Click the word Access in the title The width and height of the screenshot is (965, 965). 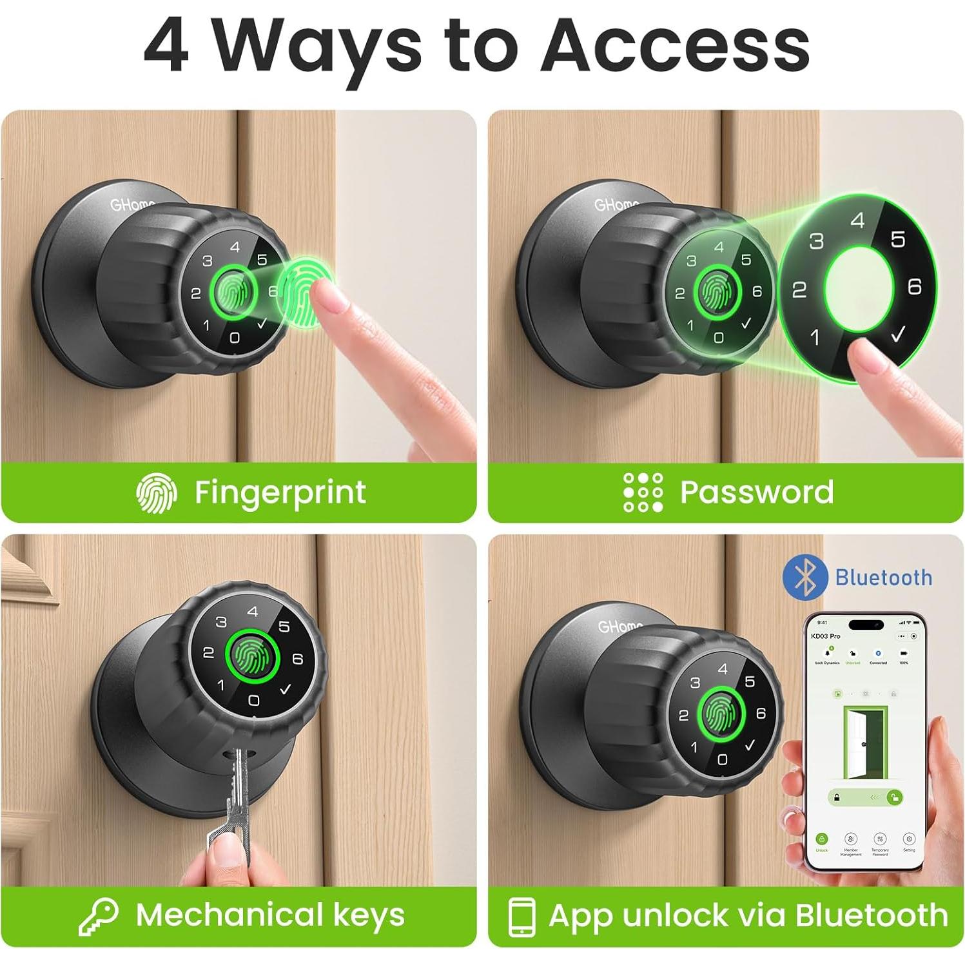(675, 45)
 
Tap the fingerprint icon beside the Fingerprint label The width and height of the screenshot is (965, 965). (156, 493)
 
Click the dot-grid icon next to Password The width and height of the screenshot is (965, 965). (643, 492)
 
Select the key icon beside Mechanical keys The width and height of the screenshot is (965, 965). (99, 916)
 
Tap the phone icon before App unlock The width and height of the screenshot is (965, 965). (521, 916)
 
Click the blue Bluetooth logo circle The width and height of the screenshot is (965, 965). (805, 577)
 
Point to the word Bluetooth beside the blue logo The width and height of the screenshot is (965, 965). (883, 578)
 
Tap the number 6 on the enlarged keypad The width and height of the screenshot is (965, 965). (914, 286)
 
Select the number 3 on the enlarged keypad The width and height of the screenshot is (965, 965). (816, 241)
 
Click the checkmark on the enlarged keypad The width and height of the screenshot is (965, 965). (897, 333)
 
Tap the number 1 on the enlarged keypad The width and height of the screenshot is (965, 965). (815, 336)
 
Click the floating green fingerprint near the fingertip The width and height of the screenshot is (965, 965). (308, 292)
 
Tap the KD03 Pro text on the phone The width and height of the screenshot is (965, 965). (825, 636)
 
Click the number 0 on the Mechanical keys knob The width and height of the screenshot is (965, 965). (253, 700)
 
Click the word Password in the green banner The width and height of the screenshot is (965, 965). (756, 492)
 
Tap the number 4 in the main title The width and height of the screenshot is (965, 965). (166, 45)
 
